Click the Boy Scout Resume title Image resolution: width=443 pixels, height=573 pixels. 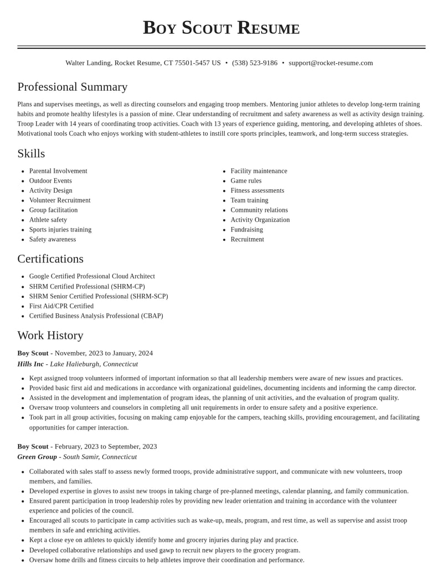tap(221, 28)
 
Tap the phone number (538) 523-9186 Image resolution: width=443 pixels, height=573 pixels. tap(255, 63)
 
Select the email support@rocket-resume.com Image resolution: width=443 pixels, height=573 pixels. tap(331, 63)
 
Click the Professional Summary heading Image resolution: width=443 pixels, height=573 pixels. tap(73, 87)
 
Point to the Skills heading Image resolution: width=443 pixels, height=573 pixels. tap(31, 153)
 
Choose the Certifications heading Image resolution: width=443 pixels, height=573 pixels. tap(50, 259)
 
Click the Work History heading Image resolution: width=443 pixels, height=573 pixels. tap(50, 335)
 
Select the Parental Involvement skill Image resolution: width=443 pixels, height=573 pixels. tap(58, 171)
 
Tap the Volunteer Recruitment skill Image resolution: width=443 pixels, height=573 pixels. tap(60, 200)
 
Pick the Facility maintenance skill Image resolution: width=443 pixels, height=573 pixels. tap(259, 171)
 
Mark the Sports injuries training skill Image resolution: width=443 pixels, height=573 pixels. tap(60, 230)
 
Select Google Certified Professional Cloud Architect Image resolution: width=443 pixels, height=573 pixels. tap(92, 276)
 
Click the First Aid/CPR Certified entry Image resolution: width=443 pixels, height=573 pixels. tap(61, 306)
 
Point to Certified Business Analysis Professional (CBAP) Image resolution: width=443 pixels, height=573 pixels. tap(96, 316)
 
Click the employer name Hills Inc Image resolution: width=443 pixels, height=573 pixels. tap(30, 364)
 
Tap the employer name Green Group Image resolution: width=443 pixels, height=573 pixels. tap(37, 457)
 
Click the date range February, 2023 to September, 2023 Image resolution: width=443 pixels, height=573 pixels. tap(106, 447)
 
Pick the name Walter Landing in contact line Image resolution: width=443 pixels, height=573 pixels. tap(88, 63)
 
